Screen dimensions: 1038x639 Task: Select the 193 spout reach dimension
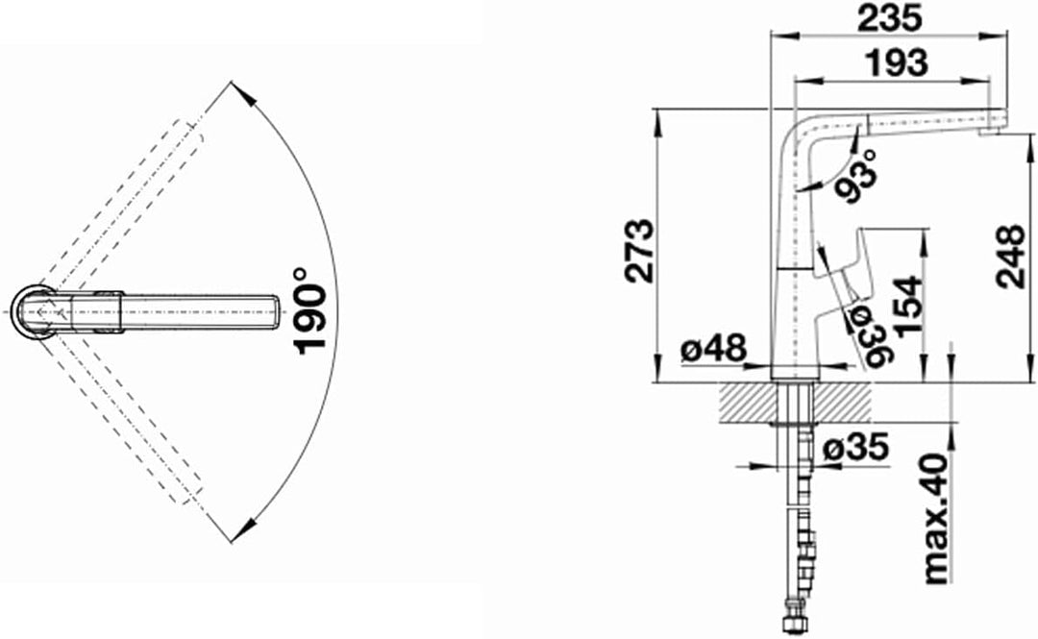pyautogui.click(x=897, y=61)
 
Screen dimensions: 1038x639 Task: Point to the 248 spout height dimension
pyautogui.click(x=1011, y=256)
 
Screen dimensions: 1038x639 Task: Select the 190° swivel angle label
pyautogui.click(x=310, y=310)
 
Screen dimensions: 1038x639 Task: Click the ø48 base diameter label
pyautogui.click(x=713, y=347)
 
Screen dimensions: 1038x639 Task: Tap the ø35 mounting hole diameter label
pyautogui.click(x=855, y=450)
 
